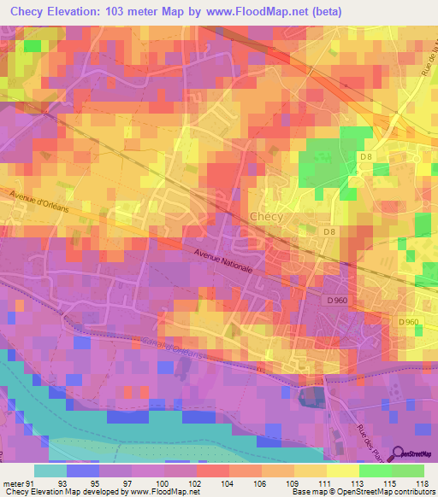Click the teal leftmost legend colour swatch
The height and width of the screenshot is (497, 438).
click(50, 471)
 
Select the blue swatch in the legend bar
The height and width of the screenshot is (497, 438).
click(83, 471)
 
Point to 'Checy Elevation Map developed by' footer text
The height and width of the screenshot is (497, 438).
click(62, 492)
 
